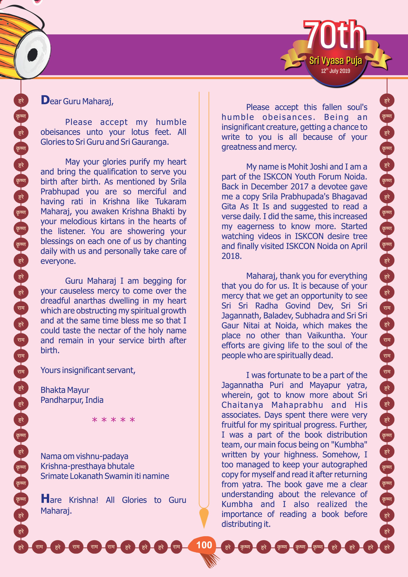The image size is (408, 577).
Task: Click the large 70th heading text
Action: pyautogui.click(x=334, y=35)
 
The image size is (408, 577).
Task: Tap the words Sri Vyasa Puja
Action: pyautogui.click(x=336, y=61)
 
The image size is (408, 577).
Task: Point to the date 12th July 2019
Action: pyautogui.click(x=335, y=71)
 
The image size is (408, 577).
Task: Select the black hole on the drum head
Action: pyautogui.click(x=32, y=54)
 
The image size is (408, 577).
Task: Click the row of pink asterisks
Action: pyautogui.click(x=113, y=420)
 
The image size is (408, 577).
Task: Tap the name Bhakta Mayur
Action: pyautogui.click(x=65, y=390)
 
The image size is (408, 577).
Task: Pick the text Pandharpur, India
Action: pyautogui.click(x=72, y=400)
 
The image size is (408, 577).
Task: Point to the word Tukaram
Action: pyautogui.click(x=171, y=201)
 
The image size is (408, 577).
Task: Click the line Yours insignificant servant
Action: pyautogui.click(x=88, y=370)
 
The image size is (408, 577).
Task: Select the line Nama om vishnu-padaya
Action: pyautogui.click(x=84, y=456)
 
